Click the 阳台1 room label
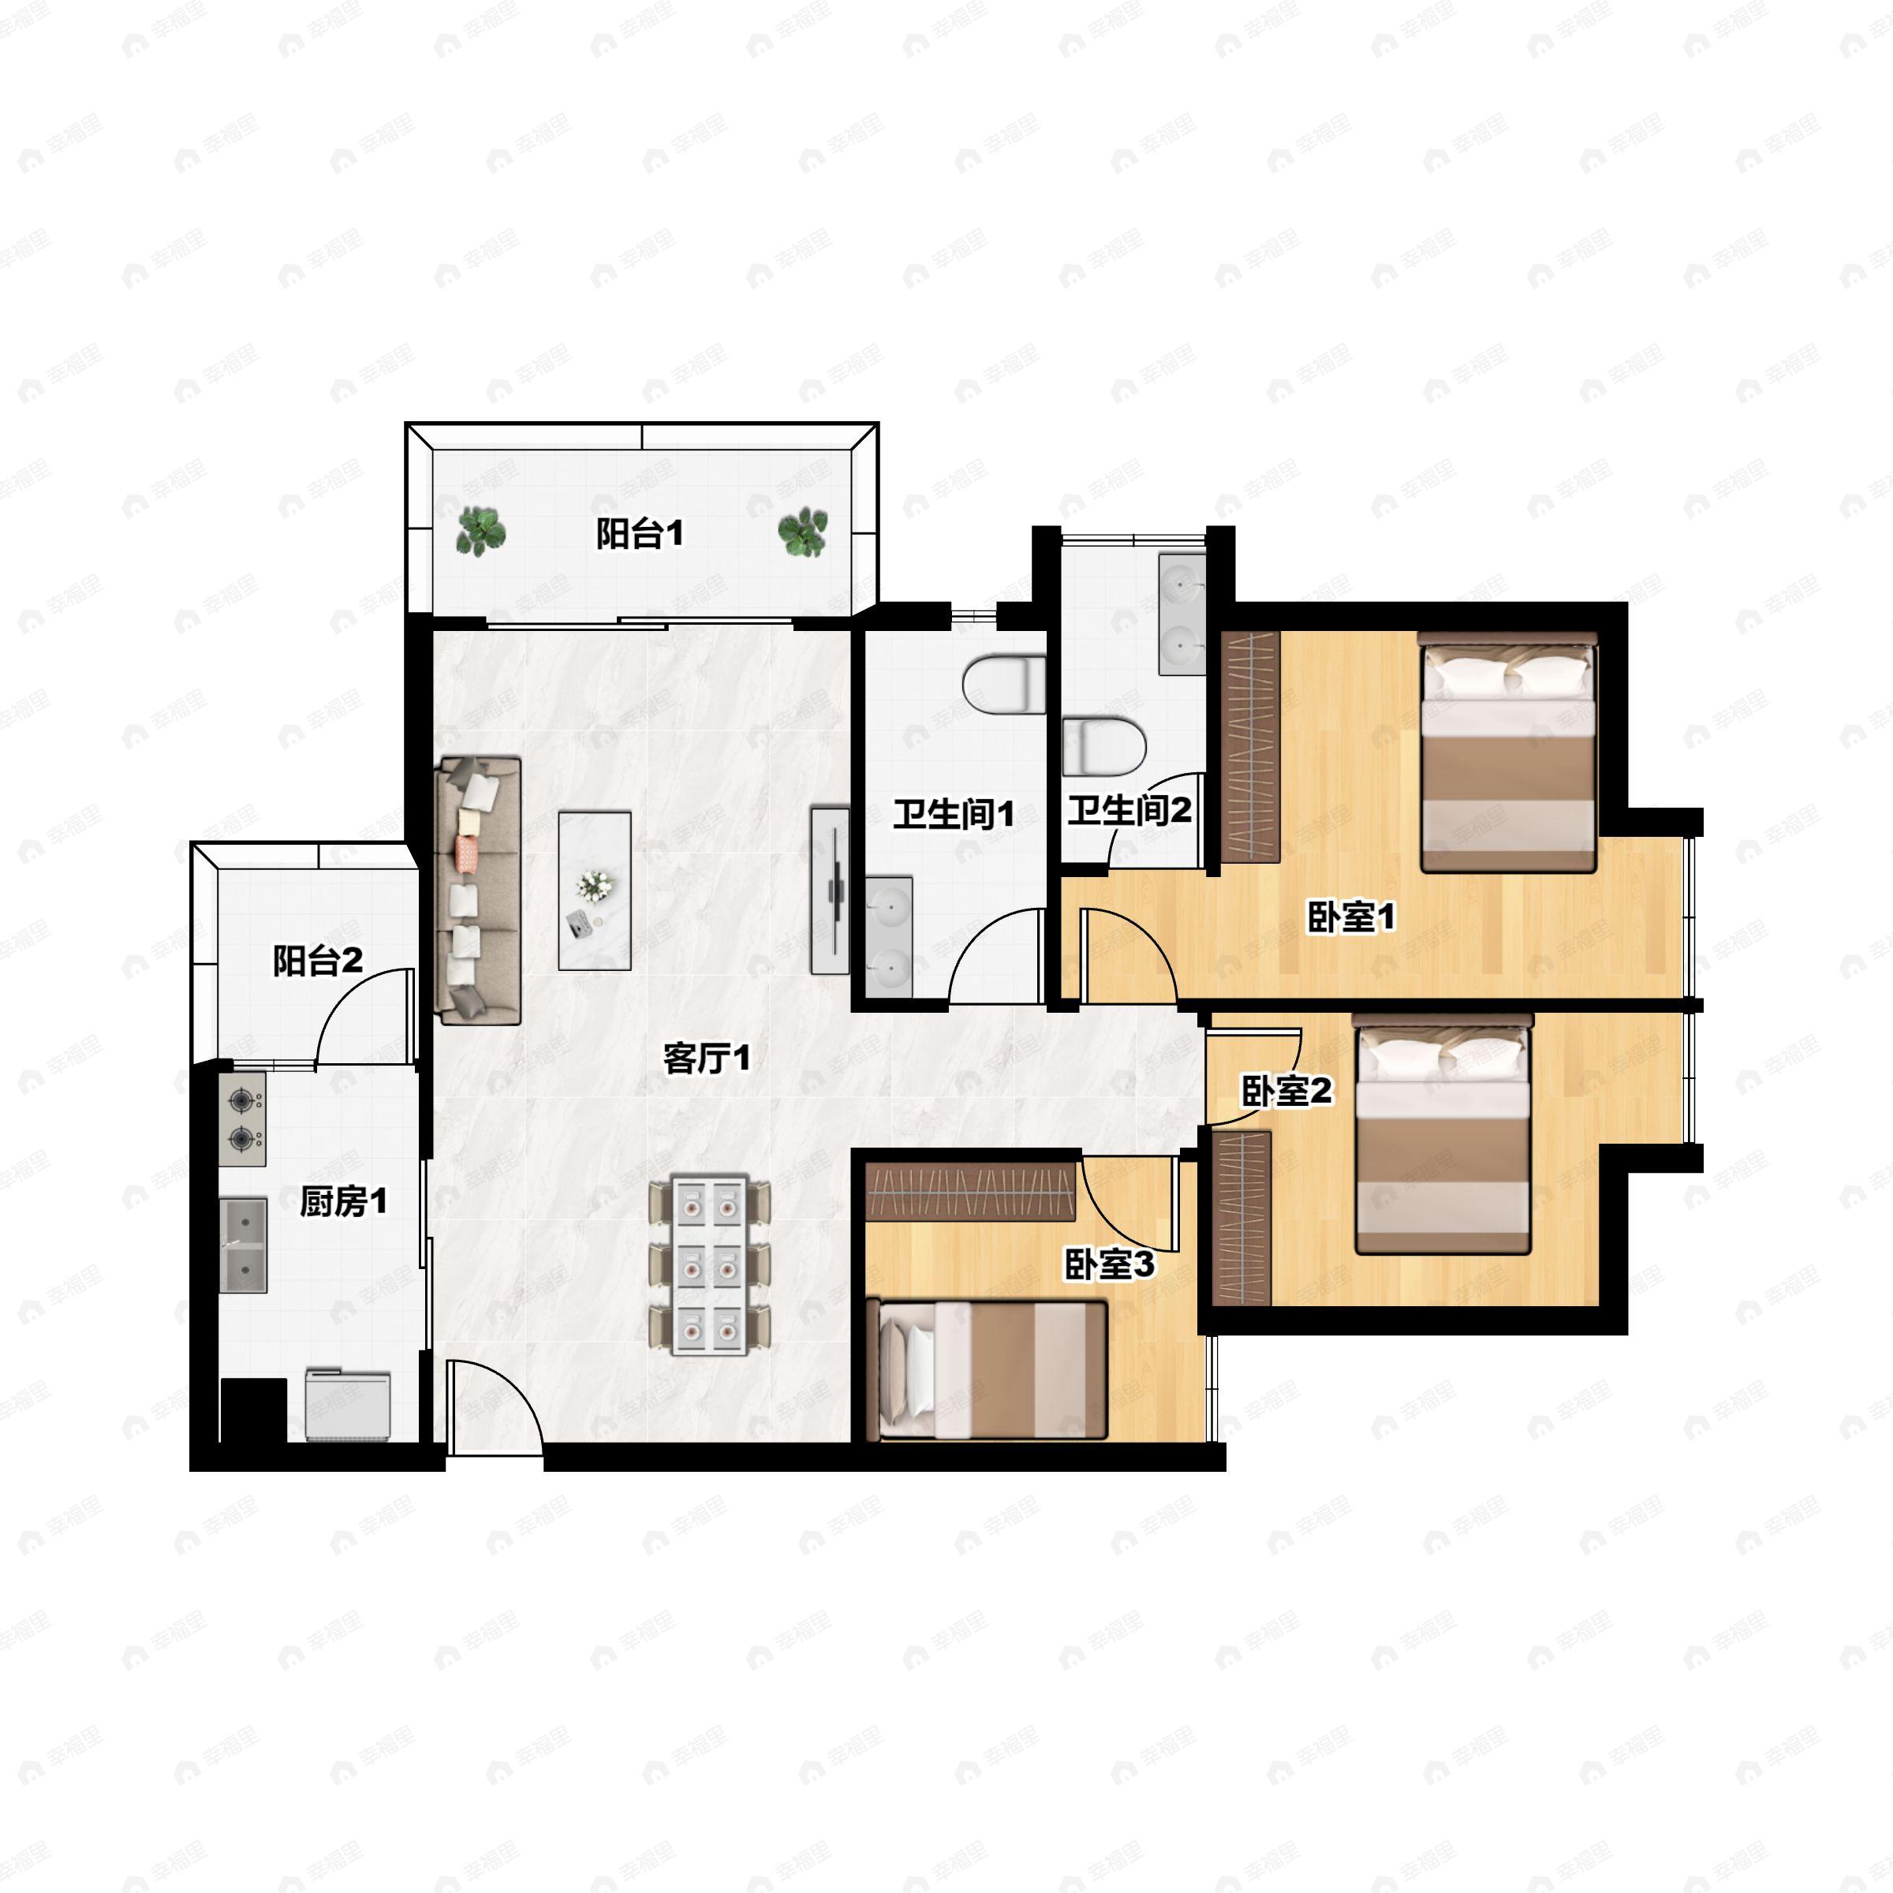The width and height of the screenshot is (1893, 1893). click(640, 534)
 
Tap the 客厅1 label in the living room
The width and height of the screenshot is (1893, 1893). click(707, 1059)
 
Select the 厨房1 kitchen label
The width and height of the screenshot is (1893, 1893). click(343, 1201)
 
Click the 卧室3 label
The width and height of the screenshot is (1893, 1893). click(1109, 1265)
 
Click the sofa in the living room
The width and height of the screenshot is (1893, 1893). click(479, 890)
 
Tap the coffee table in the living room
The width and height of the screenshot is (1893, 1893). click(595, 890)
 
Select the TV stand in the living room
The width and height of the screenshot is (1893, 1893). click(830, 890)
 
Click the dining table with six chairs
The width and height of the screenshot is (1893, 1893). click(709, 1267)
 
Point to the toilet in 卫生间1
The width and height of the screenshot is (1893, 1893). click(1004, 684)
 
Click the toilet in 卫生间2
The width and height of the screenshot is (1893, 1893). click(1104, 747)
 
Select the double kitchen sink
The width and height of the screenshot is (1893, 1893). click(242, 1245)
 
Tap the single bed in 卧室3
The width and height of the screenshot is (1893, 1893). click(992, 1370)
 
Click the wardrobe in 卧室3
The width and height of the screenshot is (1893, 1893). click(971, 1190)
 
